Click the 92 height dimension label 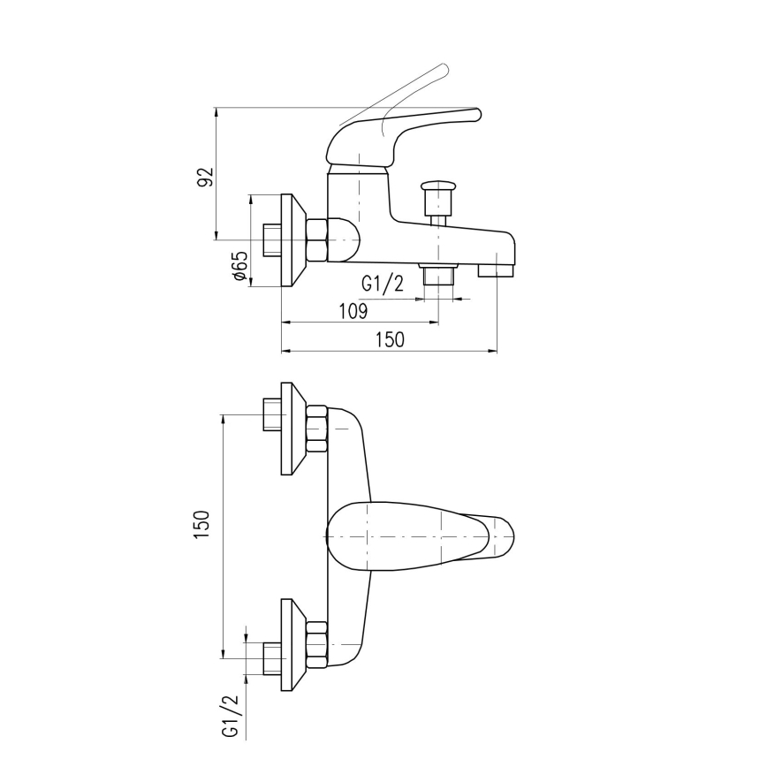coord(205,177)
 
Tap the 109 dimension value coord(353,311)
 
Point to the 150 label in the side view coord(389,339)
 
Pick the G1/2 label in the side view coord(383,284)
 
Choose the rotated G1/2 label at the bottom coord(231,716)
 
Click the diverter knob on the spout coord(437,187)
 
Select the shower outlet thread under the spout coord(438,276)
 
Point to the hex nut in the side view coord(315,240)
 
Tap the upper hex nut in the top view coord(316,429)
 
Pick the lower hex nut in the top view coord(316,645)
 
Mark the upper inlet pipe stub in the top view coord(272,415)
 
